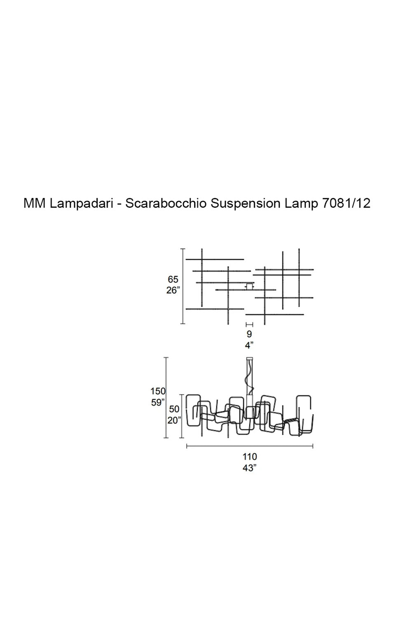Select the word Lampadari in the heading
tap(82, 204)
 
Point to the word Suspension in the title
tap(245, 204)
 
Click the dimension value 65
tap(173, 279)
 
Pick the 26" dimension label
tap(173, 290)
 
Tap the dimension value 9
tap(249, 334)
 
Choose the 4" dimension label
tap(249, 345)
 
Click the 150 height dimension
tap(158, 391)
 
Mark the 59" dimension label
tap(158, 402)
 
